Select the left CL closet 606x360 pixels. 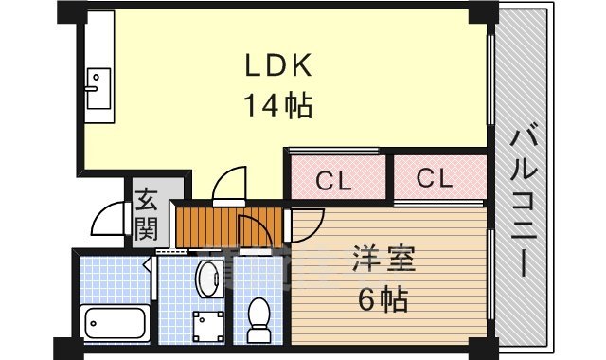click(x=337, y=179)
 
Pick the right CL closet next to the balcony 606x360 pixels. click(x=437, y=178)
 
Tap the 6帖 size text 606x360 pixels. click(x=383, y=300)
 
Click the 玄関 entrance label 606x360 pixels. click(x=146, y=213)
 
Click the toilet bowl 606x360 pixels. click(x=258, y=316)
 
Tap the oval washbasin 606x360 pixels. click(x=207, y=279)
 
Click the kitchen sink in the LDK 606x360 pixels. click(x=98, y=89)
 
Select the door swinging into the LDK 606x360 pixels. click(x=229, y=188)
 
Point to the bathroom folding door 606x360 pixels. click(x=151, y=274)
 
